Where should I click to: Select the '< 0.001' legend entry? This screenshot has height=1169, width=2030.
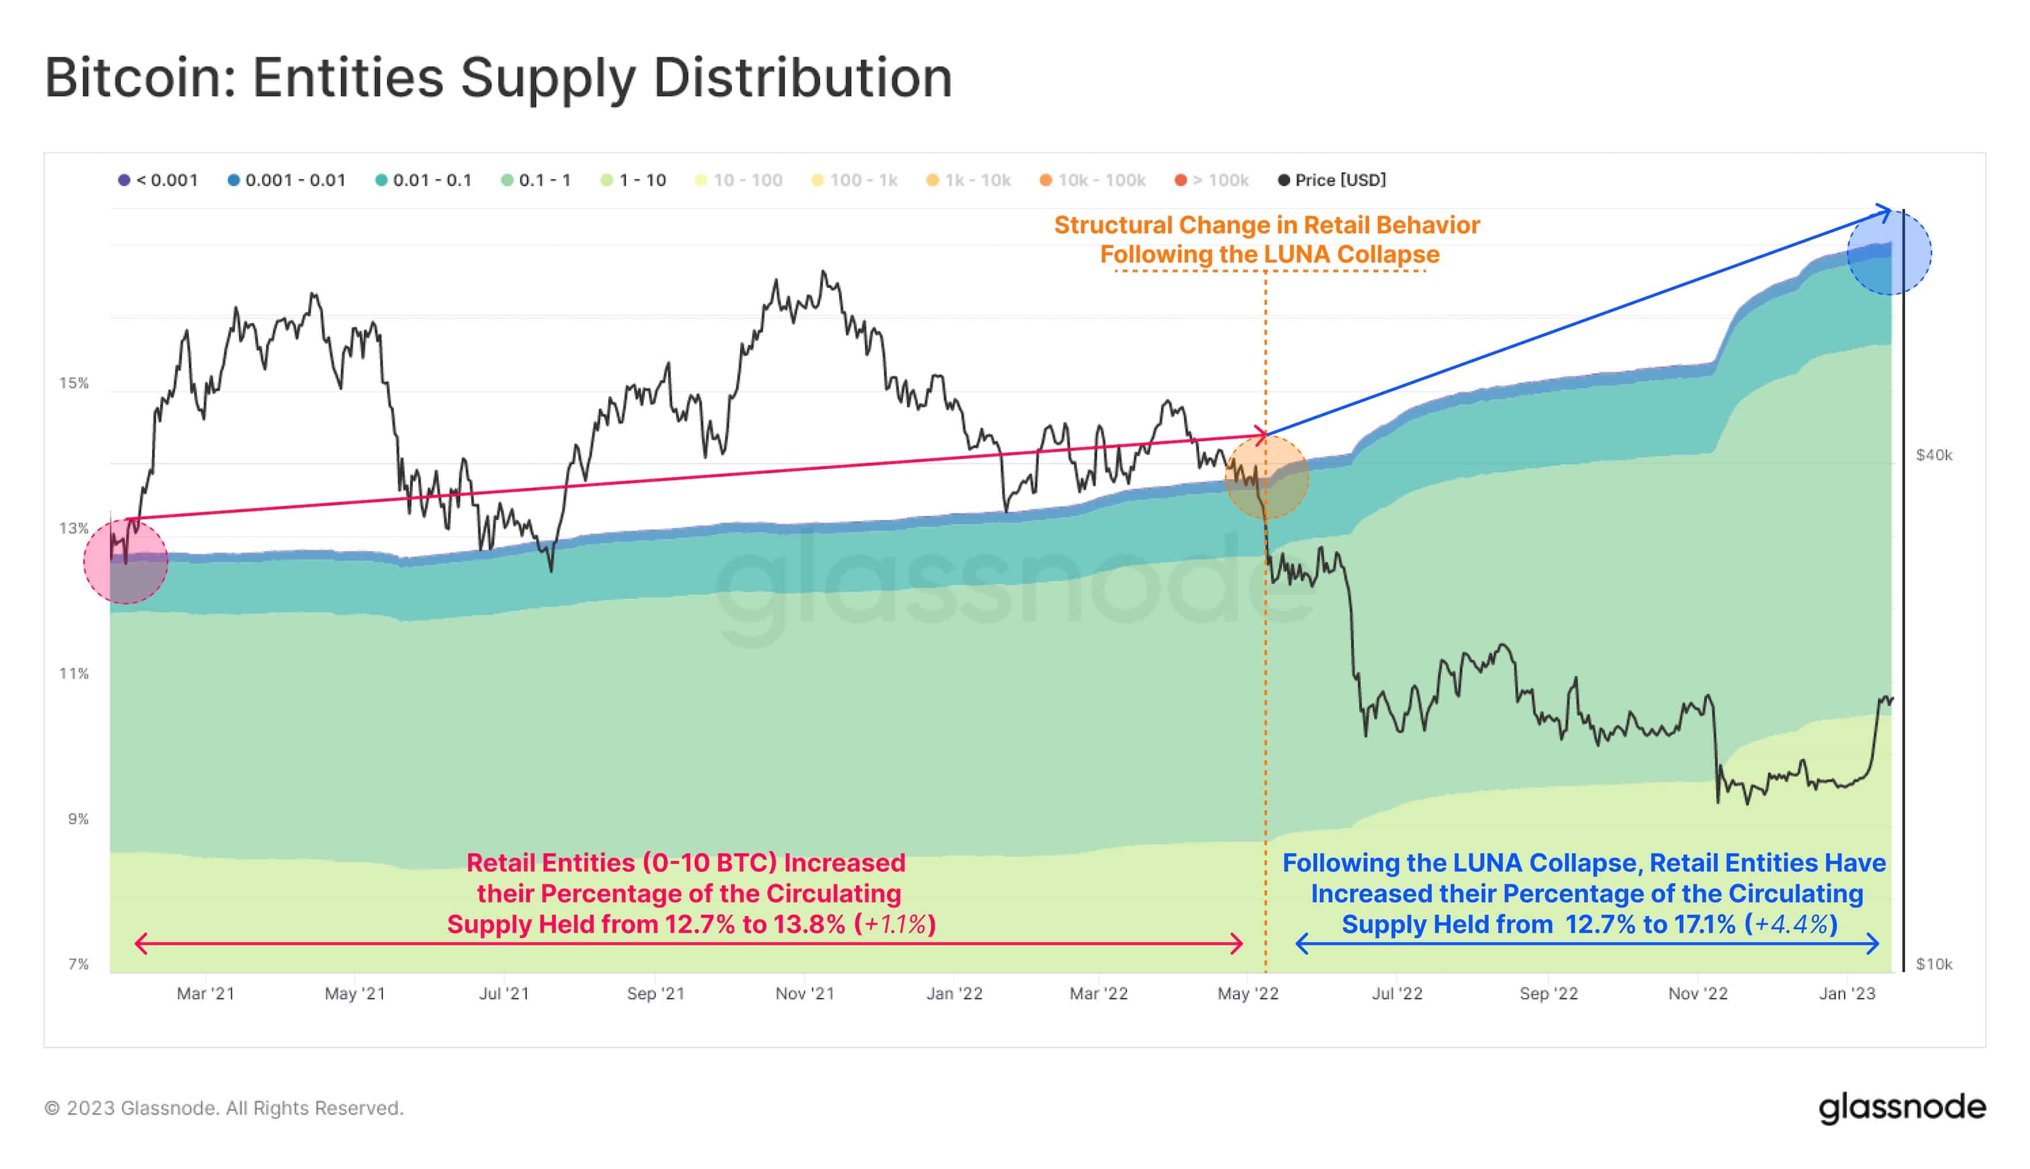pyautogui.click(x=158, y=180)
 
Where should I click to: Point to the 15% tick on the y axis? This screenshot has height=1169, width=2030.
pyautogui.click(x=74, y=383)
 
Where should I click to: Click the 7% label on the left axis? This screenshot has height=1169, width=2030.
pyautogui.click(x=78, y=964)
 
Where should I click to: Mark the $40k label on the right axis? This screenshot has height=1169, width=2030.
pyautogui.click(x=1933, y=455)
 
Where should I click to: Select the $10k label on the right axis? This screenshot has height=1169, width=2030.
pyautogui.click(x=1933, y=964)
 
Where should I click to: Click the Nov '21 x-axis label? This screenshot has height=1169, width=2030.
pyautogui.click(x=805, y=993)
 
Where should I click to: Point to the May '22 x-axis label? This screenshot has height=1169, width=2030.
pyautogui.click(x=1248, y=993)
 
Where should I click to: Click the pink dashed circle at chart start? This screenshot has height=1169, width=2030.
pyautogui.click(x=126, y=562)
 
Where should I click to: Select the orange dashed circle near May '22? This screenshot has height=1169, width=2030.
pyautogui.click(x=1266, y=477)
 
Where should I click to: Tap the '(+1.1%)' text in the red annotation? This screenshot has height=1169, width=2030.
pyautogui.click(x=894, y=924)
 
